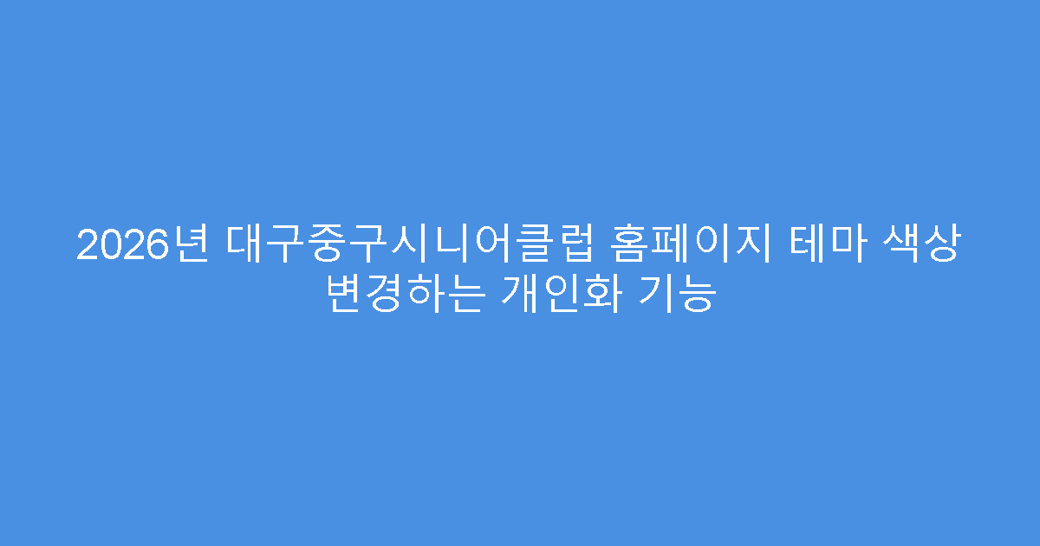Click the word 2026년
coord(143,245)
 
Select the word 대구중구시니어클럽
coord(411,245)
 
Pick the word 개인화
coord(560,296)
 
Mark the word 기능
coord(677,296)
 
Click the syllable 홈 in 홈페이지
coord(630,245)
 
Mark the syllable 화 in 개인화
coord(600,296)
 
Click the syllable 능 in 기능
coord(697,296)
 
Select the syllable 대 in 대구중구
coord(248,245)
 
